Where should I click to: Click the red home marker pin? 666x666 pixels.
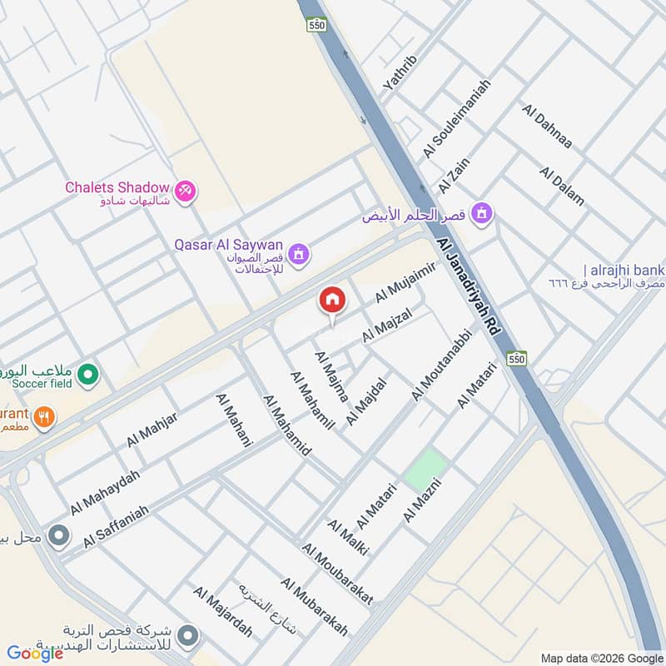(331, 301)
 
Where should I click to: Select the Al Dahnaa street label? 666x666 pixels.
(547, 127)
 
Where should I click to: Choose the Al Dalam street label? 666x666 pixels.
(562, 186)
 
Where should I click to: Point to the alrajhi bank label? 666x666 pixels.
(624, 270)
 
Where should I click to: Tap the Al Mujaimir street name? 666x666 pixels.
(405, 282)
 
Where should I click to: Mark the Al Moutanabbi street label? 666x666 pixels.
(442, 365)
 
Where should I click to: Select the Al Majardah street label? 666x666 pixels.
(222, 611)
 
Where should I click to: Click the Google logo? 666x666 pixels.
(35, 654)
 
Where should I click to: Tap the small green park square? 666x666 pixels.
(425, 470)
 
